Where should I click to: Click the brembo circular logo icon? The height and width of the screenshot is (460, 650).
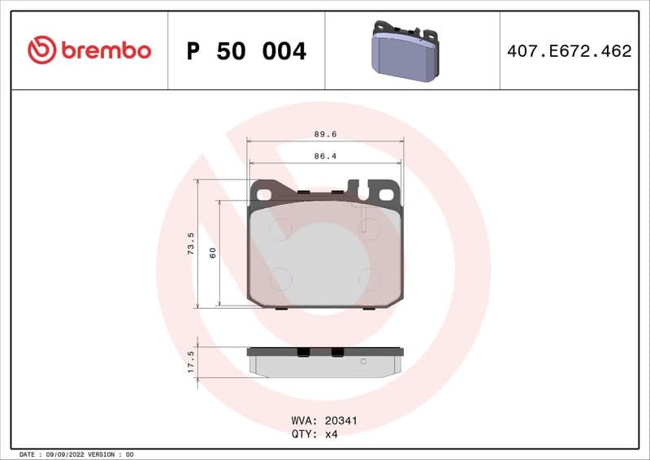[x=41, y=50]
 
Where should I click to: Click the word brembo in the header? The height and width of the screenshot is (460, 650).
[x=104, y=50]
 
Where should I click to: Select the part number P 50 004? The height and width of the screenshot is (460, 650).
[x=246, y=51]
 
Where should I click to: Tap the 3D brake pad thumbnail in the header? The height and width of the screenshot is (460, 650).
[x=405, y=50]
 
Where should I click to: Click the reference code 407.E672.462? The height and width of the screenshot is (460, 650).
[x=569, y=51]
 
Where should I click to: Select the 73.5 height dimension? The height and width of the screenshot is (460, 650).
[x=191, y=244]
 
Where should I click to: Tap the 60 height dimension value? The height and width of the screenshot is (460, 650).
[x=212, y=253]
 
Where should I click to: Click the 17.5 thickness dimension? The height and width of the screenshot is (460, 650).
[x=191, y=362]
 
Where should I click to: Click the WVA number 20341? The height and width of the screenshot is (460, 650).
[x=341, y=421]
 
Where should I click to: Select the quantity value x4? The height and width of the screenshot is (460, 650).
[x=331, y=434]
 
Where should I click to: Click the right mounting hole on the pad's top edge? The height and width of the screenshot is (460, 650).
[x=387, y=193]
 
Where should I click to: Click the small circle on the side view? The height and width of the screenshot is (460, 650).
[x=363, y=360]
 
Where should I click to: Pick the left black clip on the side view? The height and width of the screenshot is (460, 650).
[x=303, y=352]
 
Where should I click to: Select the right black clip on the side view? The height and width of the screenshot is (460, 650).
[x=336, y=352]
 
